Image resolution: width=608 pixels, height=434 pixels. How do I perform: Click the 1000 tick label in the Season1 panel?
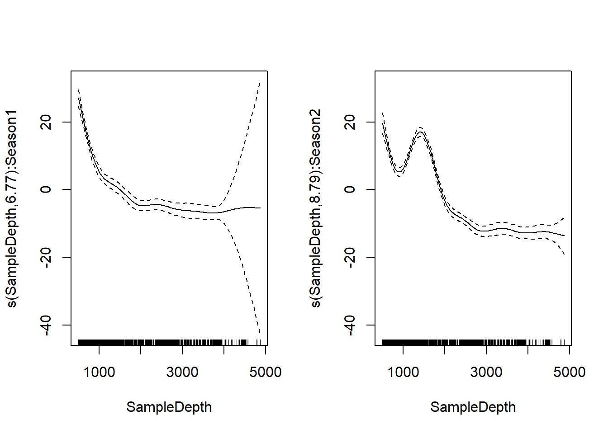click(x=99, y=372)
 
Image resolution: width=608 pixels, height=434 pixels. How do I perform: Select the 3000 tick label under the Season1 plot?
click(x=182, y=372)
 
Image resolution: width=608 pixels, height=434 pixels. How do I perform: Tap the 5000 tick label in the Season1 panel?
click(x=266, y=372)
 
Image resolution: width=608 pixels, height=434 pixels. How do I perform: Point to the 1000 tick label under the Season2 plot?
click(x=403, y=372)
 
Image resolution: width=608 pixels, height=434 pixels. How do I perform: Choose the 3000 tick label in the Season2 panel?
click(x=486, y=372)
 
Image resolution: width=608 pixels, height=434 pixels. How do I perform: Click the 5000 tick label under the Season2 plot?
click(x=570, y=372)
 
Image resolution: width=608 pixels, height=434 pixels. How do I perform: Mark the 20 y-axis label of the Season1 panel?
click(x=46, y=122)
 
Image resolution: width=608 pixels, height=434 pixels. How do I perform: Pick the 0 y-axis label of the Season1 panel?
click(x=46, y=189)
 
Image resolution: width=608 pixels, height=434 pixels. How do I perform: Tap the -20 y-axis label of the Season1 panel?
click(x=46, y=257)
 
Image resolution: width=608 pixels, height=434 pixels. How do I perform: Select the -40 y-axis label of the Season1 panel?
click(x=46, y=325)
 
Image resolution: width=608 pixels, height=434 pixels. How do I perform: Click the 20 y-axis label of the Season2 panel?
click(x=350, y=122)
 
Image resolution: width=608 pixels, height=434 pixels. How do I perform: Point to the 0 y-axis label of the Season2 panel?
click(x=350, y=189)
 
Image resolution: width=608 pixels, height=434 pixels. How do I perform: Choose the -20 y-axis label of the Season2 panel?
click(x=350, y=257)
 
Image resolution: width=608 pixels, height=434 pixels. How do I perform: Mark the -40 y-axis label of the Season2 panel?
click(x=350, y=325)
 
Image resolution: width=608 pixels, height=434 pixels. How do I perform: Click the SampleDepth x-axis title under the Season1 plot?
click(x=169, y=407)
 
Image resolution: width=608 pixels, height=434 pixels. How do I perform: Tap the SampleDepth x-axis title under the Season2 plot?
click(x=473, y=407)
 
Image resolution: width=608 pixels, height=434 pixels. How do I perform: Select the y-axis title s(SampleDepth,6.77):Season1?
click(x=12, y=208)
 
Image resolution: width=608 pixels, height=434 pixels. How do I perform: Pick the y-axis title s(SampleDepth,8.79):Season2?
click(x=316, y=208)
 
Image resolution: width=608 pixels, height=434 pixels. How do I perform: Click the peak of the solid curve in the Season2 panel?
click(x=420, y=132)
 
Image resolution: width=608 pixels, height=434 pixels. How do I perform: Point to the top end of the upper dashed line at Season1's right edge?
click(x=260, y=83)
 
